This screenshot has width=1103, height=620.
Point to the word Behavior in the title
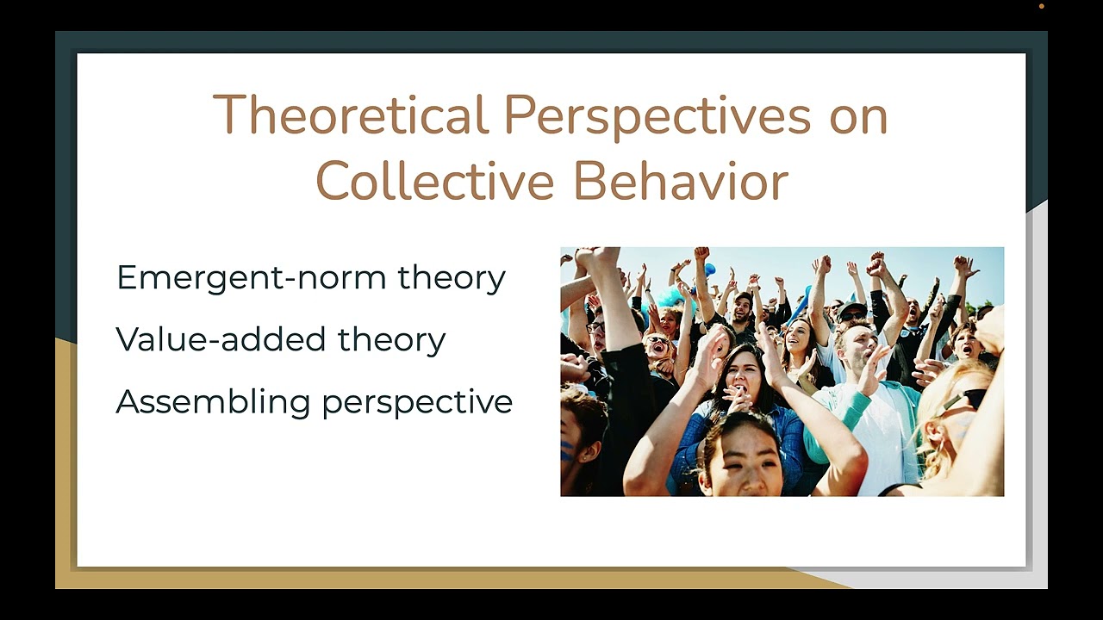681,181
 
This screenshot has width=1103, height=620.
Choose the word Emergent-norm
251,278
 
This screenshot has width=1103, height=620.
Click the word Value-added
220,340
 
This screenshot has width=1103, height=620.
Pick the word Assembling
213,402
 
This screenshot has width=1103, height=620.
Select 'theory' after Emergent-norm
452,278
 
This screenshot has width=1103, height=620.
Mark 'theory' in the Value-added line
391,340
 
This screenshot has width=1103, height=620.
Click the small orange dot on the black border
1042,6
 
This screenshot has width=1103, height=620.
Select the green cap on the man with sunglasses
852,308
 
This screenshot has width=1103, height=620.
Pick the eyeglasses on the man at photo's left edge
595,327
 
